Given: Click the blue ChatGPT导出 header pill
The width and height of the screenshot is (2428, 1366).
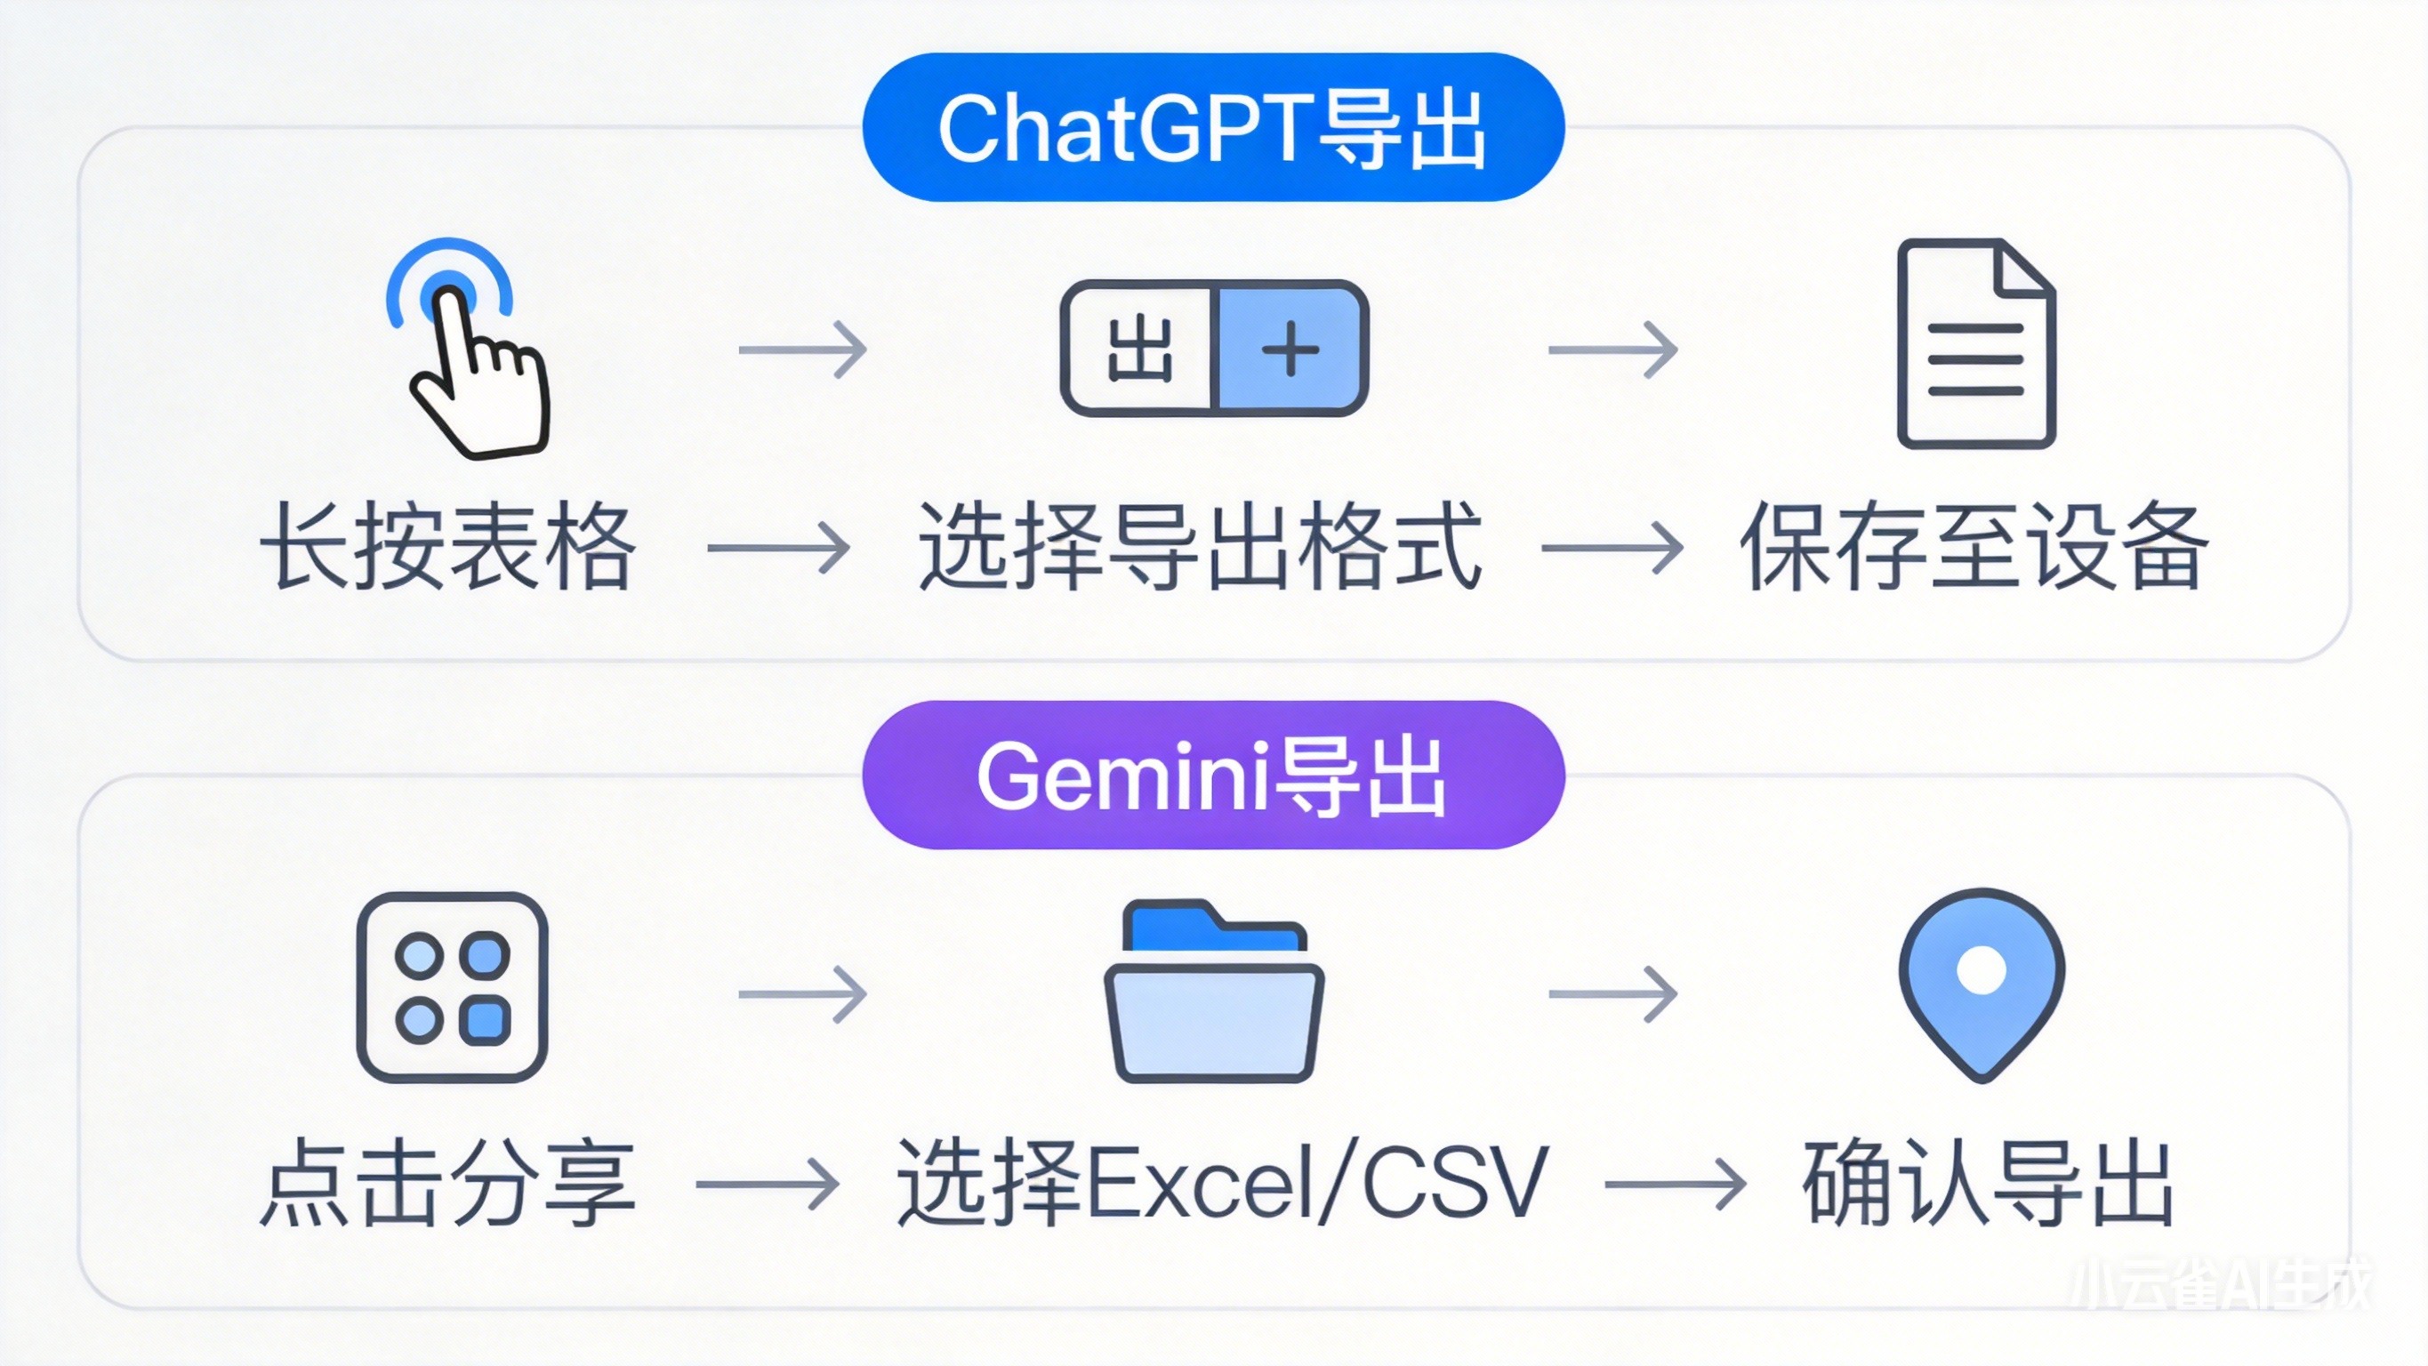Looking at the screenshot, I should (x=1213, y=127).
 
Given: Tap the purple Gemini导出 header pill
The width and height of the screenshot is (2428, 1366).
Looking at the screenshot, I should (x=1213, y=775).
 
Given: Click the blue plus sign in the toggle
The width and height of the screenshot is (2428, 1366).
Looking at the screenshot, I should (x=1290, y=349).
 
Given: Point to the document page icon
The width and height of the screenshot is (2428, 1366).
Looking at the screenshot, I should (x=1975, y=344).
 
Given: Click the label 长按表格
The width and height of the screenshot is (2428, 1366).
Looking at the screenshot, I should (x=447, y=548).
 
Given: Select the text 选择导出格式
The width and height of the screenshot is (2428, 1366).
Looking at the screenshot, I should (x=1200, y=548).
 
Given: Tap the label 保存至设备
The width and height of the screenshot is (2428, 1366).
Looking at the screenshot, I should (x=1974, y=548).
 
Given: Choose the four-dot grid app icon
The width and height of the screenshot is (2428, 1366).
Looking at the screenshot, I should (x=453, y=987).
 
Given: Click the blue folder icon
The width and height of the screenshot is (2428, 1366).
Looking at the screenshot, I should (x=1214, y=992).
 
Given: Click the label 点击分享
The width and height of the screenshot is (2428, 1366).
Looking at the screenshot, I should (x=447, y=1183).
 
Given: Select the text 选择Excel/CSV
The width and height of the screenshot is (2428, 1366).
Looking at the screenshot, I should (x=1223, y=1183).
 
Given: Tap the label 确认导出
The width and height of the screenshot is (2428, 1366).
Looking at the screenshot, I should (x=1988, y=1183).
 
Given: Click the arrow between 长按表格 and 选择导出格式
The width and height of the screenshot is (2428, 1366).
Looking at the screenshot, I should (x=778, y=548).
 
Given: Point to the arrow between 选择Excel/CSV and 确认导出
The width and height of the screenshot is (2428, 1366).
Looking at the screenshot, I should (x=1675, y=1184).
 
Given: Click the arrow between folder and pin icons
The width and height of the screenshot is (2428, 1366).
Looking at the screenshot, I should (x=1612, y=993).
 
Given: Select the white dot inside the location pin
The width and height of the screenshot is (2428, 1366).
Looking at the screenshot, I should (x=1982, y=970).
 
